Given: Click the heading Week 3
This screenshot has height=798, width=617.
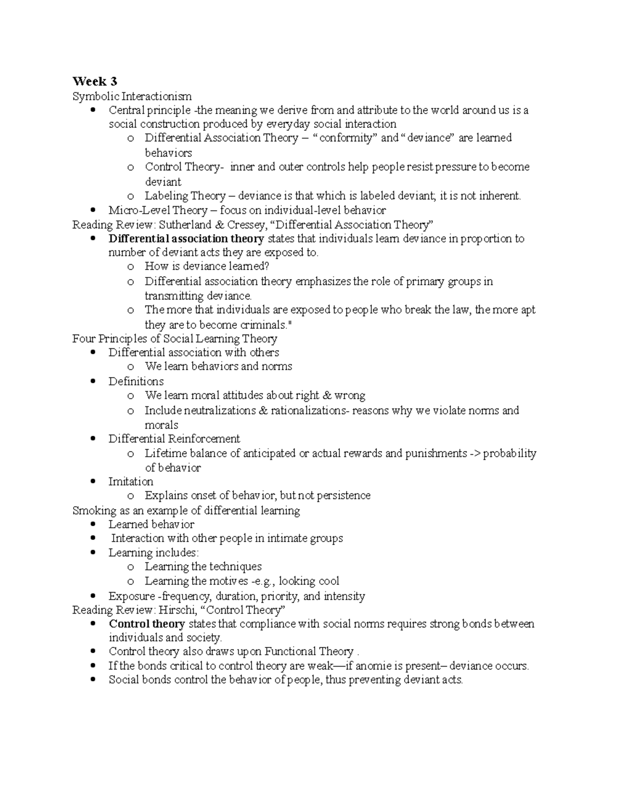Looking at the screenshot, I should tap(95, 81).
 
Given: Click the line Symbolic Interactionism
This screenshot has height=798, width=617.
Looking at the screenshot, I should tap(132, 96).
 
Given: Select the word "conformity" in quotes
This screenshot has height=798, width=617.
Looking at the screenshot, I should tap(346, 138).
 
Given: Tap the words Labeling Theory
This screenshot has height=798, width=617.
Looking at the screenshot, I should tap(185, 196).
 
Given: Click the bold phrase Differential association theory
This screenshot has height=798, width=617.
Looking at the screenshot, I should tap(186, 238).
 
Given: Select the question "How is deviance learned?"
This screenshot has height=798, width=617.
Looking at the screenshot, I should tap(207, 266).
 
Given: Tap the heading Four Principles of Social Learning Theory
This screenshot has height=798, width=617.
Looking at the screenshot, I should tap(175, 339).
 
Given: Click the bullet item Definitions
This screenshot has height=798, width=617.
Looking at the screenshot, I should tap(136, 381).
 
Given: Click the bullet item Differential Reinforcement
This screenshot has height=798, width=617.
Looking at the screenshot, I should tap(174, 439).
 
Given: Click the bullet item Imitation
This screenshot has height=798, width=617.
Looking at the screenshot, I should tap(131, 481).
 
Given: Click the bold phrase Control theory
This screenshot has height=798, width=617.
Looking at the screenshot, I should tap(147, 624).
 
